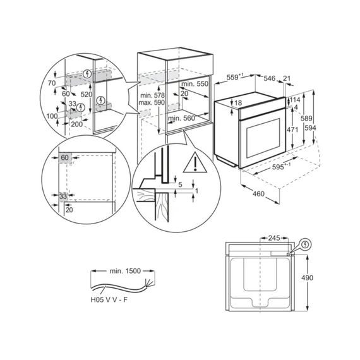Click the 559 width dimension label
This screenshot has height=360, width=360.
pos(235,78)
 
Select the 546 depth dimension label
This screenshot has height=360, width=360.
pos(269,78)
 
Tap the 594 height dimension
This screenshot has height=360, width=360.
pos(310,128)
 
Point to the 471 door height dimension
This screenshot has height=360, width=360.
pos(292,129)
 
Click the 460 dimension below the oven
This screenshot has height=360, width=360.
pos(258,194)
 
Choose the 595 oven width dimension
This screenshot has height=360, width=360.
pos(279,167)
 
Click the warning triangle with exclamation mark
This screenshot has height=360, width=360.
pos(195,162)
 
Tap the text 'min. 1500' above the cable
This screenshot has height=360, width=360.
pos(125,271)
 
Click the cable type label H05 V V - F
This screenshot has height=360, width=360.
pos(109,300)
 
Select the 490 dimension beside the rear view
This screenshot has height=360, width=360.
pos(307,278)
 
